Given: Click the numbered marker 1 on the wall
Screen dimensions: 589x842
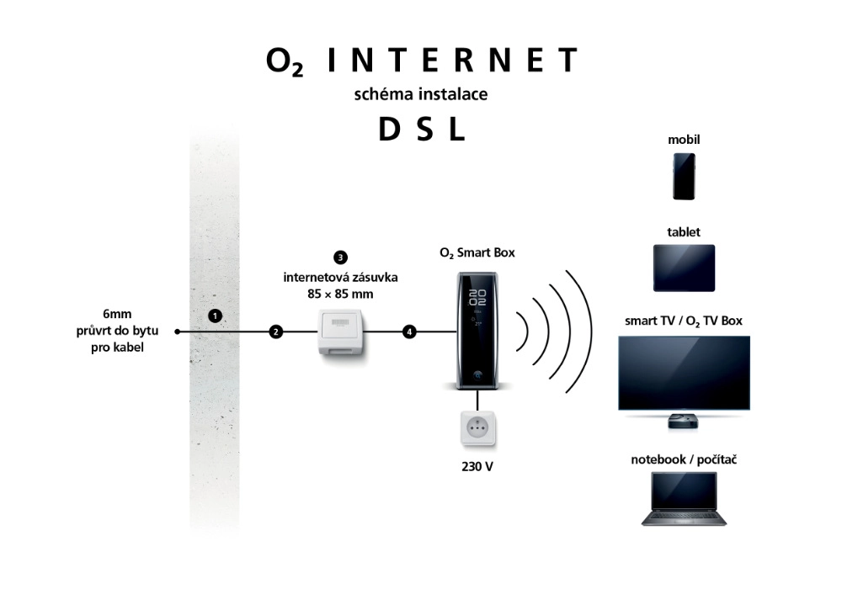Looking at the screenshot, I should [216, 316].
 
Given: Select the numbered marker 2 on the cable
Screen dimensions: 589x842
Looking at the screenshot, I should [275, 332].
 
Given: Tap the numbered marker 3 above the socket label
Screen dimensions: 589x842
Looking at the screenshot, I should [340, 257].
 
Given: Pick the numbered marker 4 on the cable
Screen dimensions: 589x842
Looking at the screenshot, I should [409, 332].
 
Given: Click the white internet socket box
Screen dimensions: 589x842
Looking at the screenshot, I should [343, 336].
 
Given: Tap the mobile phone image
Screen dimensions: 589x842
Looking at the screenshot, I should [684, 176].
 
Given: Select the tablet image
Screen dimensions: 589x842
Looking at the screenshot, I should [684, 268].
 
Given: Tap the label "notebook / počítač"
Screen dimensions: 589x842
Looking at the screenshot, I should [685, 459].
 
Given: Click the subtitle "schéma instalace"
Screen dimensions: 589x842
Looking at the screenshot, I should [421, 93].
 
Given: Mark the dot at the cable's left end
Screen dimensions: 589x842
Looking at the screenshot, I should [178, 332].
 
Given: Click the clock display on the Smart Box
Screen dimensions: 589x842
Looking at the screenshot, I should [477, 295].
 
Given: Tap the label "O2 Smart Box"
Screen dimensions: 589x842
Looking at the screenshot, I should [477, 252].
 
